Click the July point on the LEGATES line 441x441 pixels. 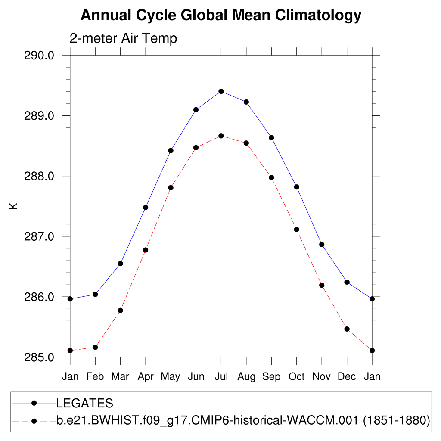point(221,91)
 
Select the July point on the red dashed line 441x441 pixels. point(221,136)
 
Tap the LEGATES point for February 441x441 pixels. point(95,294)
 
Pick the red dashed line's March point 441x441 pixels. point(121,310)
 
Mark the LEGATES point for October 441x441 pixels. point(297,187)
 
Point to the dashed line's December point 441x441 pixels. point(347,329)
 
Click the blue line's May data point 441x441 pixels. point(171,150)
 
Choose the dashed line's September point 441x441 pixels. point(271,177)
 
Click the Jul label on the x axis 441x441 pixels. point(221,377)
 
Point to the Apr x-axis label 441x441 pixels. point(146,377)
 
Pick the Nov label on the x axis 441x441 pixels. point(322,377)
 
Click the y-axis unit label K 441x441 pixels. point(14,206)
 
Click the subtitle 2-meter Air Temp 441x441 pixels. point(123,39)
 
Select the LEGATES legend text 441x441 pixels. point(85,403)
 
